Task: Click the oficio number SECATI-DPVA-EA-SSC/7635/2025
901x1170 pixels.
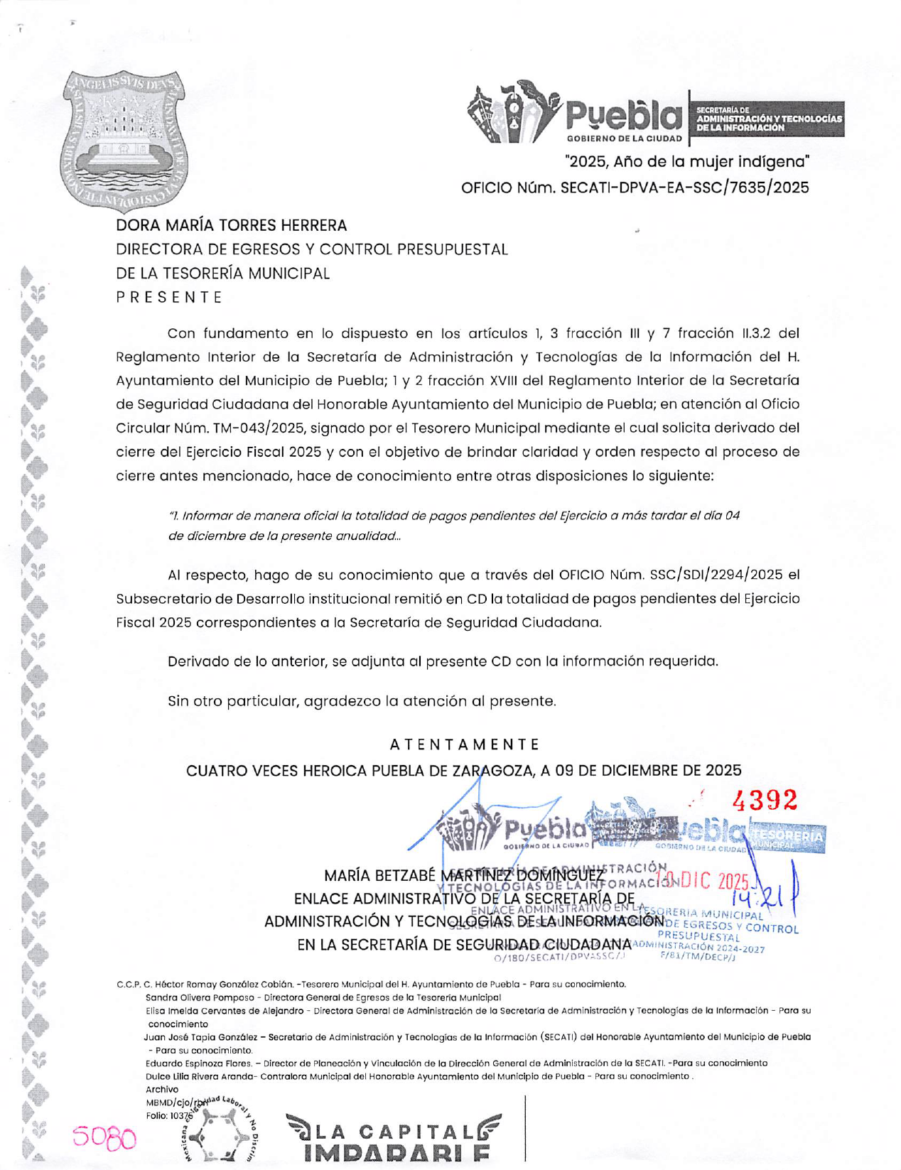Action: pyautogui.click(x=684, y=188)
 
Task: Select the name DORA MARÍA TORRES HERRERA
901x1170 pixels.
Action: pyautogui.click(x=232, y=225)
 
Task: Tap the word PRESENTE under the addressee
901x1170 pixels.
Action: pyautogui.click(x=169, y=297)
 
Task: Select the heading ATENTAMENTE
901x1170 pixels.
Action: pyautogui.click(x=465, y=744)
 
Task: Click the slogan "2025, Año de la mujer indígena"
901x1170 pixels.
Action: pyautogui.click(x=686, y=161)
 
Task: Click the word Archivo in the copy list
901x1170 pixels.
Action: pyautogui.click(x=162, y=1089)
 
